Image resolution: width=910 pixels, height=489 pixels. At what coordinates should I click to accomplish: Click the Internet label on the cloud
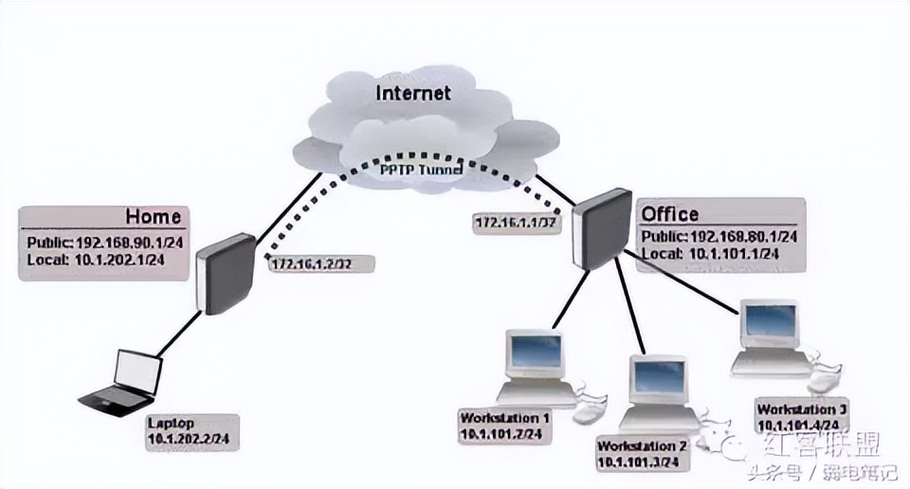[x=413, y=93]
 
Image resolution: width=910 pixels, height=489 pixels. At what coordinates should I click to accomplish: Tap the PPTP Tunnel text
[x=422, y=171]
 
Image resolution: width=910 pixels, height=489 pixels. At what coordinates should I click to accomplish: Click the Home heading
[x=153, y=216]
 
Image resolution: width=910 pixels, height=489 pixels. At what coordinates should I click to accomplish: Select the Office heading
[x=670, y=214]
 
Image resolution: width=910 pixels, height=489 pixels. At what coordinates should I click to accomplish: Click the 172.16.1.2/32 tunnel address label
[x=311, y=264]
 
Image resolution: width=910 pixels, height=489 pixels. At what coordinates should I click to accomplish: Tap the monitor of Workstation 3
[x=768, y=325]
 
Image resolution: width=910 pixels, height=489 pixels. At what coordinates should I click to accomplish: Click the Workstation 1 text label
[x=504, y=418]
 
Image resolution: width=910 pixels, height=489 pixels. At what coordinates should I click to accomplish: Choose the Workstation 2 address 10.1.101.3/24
[x=637, y=462]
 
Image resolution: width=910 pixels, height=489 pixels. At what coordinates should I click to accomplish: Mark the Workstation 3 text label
[x=801, y=409]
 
